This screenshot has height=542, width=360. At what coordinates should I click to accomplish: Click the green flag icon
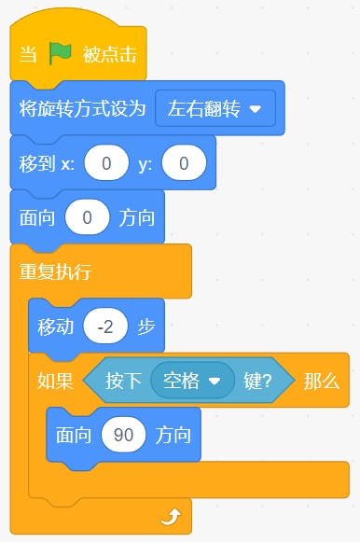click(60, 53)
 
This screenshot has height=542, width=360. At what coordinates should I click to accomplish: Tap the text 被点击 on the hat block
click(109, 55)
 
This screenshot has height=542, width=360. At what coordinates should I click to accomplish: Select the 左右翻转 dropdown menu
click(215, 108)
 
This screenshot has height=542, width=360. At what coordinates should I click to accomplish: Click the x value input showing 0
click(106, 163)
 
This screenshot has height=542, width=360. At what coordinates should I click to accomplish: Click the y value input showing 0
click(184, 163)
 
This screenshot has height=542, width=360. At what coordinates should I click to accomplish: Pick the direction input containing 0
click(87, 217)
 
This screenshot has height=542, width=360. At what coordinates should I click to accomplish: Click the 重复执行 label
click(55, 271)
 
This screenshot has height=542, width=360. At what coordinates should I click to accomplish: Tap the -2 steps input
click(105, 326)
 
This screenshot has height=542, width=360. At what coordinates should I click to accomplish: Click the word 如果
click(55, 381)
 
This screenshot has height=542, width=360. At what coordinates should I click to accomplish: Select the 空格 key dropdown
click(192, 381)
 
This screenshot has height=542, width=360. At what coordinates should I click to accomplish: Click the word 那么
click(322, 381)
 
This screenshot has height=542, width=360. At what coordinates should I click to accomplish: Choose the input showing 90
click(123, 435)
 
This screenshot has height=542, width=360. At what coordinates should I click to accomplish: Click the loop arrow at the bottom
click(172, 517)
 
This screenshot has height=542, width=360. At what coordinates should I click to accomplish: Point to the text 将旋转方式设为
click(82, 108)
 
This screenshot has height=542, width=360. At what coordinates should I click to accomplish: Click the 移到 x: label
click(47, 163)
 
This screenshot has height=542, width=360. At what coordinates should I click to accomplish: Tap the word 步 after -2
click(145, 327)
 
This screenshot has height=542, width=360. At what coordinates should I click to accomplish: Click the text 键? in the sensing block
click(257, 381)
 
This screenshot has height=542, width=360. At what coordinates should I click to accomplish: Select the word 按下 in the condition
click(123, 381)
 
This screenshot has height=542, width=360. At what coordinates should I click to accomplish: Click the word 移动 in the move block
click(55, 327)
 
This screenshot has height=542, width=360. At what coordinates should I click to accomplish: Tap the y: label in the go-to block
click(145, 164)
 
